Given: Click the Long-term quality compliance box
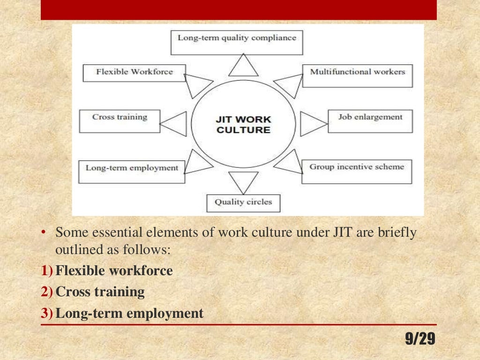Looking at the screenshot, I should [237, 42].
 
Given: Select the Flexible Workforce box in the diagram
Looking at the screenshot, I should [134, 73].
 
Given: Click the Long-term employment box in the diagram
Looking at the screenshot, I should [132, 172].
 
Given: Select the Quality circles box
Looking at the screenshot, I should [243, 202].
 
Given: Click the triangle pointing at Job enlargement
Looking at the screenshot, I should [312, 124].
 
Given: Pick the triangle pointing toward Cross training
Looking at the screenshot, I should [175, 124].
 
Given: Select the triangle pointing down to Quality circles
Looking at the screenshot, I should [243, 181].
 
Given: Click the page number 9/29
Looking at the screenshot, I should [420, 339].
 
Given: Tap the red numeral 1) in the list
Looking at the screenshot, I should [47, 271].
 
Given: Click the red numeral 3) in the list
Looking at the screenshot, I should [47, 314].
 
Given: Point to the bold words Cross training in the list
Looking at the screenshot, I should [100, 292].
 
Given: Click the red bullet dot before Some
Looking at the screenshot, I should [44, 233].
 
